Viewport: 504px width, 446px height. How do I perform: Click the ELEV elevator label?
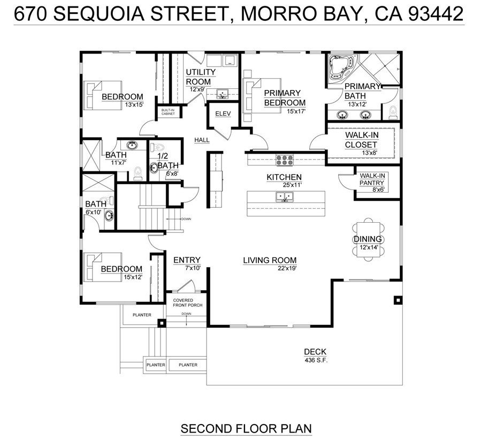[222, 114]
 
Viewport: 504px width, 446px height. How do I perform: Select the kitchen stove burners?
[285, 159]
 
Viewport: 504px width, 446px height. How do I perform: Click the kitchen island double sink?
[284, 197]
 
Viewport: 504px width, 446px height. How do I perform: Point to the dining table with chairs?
[368, 239]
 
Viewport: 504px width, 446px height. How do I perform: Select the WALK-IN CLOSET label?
[361, 140]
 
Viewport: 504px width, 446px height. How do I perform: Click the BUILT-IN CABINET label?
[168, 112]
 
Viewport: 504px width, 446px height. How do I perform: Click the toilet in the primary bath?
[393, 111]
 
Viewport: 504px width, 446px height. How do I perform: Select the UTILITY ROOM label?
[201, 77]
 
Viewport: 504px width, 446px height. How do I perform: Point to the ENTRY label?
[187, 260]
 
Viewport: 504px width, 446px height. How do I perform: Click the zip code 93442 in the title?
[436, 14]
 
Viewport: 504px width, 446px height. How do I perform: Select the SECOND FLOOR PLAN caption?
[246, 429]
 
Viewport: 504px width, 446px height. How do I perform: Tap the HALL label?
[202, 140]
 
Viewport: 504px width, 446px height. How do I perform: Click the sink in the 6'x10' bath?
[109, 216]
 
